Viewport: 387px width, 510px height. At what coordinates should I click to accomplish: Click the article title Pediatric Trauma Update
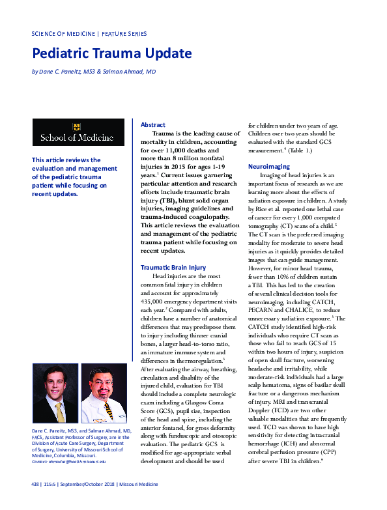tap(111, 53)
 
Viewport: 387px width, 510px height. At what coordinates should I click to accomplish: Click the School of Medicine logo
tap(78, 132)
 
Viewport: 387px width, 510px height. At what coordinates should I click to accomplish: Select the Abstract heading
tap(153, 124)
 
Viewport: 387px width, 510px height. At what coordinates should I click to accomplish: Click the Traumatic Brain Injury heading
tap(173, 267)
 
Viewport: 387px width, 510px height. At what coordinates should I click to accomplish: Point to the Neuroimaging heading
tap(268, 167)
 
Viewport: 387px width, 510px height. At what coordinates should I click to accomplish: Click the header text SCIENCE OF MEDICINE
tap(63, 33)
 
